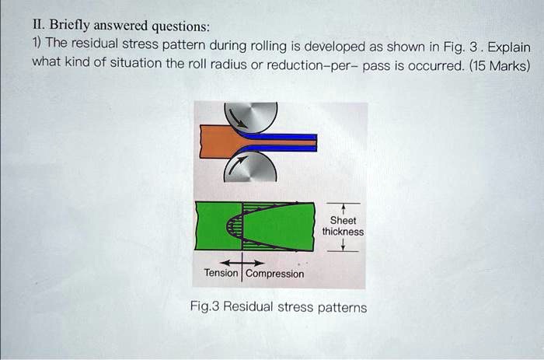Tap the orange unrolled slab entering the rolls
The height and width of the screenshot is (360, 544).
(x=220, y=142)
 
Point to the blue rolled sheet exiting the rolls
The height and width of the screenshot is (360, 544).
(x=288, y=142)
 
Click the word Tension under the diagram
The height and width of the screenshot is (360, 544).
(x=221, y=273)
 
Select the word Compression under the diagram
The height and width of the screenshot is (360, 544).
(x=275, y=273)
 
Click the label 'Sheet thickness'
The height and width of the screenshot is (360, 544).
(x=343, y=225)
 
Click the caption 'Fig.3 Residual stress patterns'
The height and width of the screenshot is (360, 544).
(x=278, y=307)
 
